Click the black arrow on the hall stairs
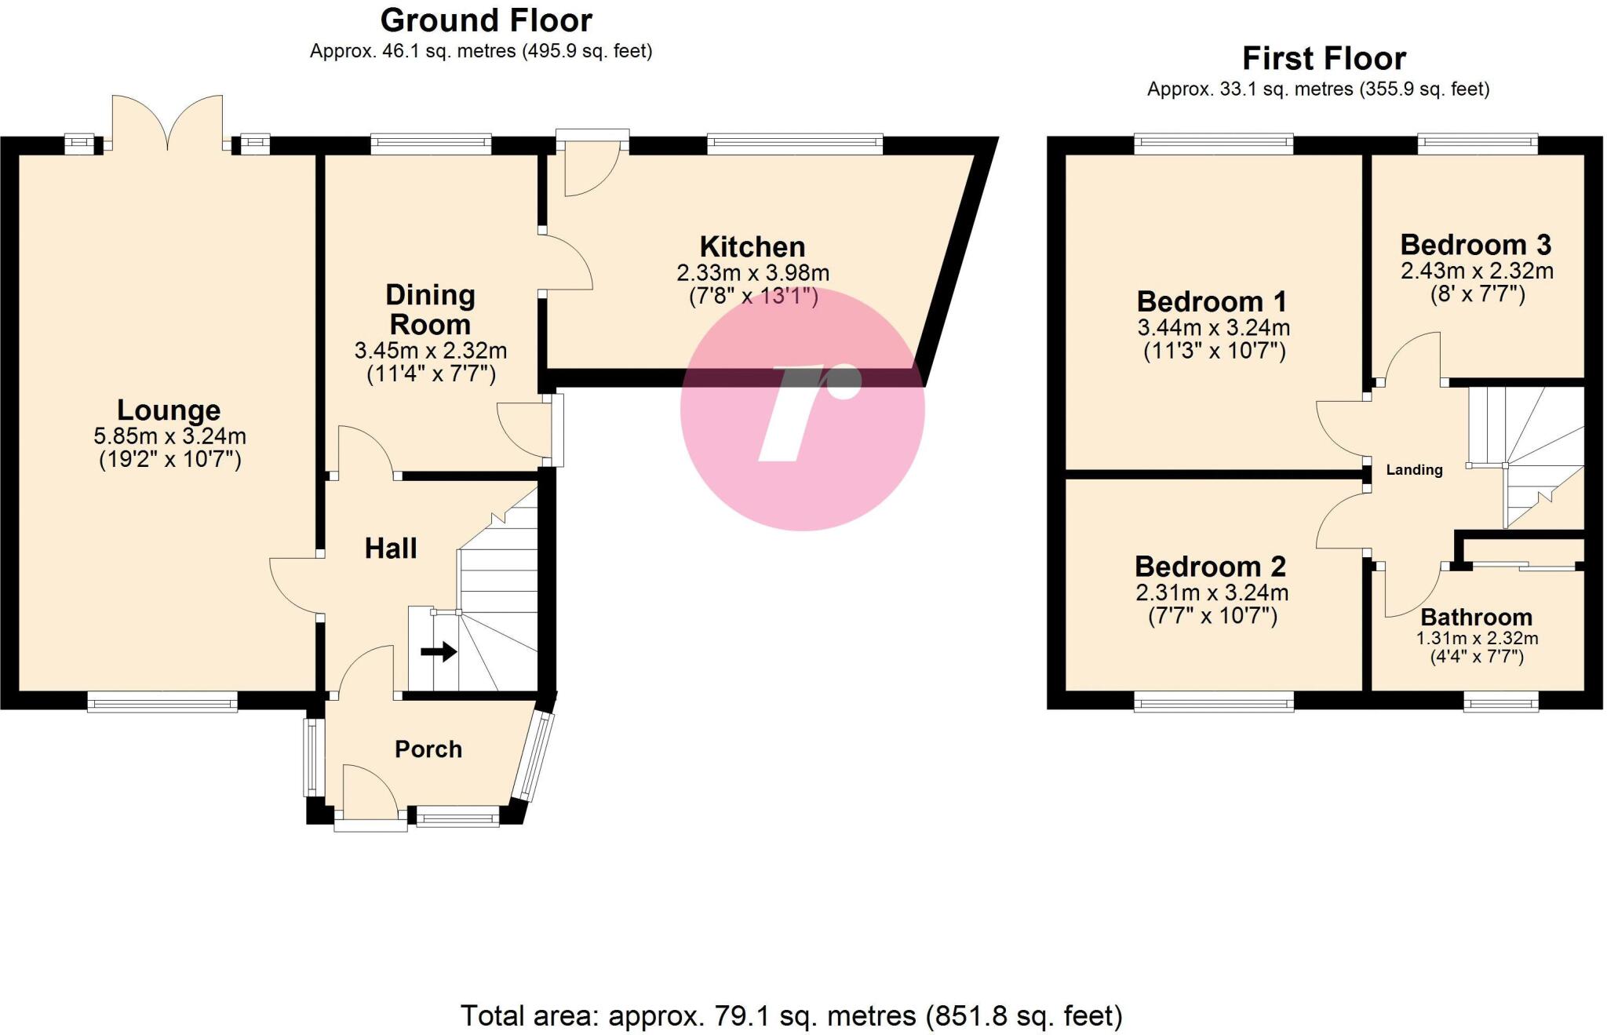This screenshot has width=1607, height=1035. (439, 651)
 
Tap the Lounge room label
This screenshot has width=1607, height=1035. (169, 410)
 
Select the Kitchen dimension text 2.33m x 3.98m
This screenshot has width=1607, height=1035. (752, 273)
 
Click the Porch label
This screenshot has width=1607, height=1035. (428, 749)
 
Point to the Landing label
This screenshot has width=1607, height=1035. (1414, 470)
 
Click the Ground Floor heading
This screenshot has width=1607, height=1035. (486, 20)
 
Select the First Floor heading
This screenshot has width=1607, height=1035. (1324, 59)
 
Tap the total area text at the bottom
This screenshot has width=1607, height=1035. (791, 1015)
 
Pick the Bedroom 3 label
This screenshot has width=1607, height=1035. (1475, 245)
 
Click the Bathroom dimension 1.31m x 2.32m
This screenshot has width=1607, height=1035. (1476, 639)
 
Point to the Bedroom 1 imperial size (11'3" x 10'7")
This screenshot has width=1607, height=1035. (1214, 351)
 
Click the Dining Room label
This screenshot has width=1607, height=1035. (430, 309)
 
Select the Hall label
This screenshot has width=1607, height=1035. (391, 548)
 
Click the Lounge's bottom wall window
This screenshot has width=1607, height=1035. (162, 702)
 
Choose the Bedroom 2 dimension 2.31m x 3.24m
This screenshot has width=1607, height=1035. (1212, 592)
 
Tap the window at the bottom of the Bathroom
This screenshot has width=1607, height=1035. (1500, 702)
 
